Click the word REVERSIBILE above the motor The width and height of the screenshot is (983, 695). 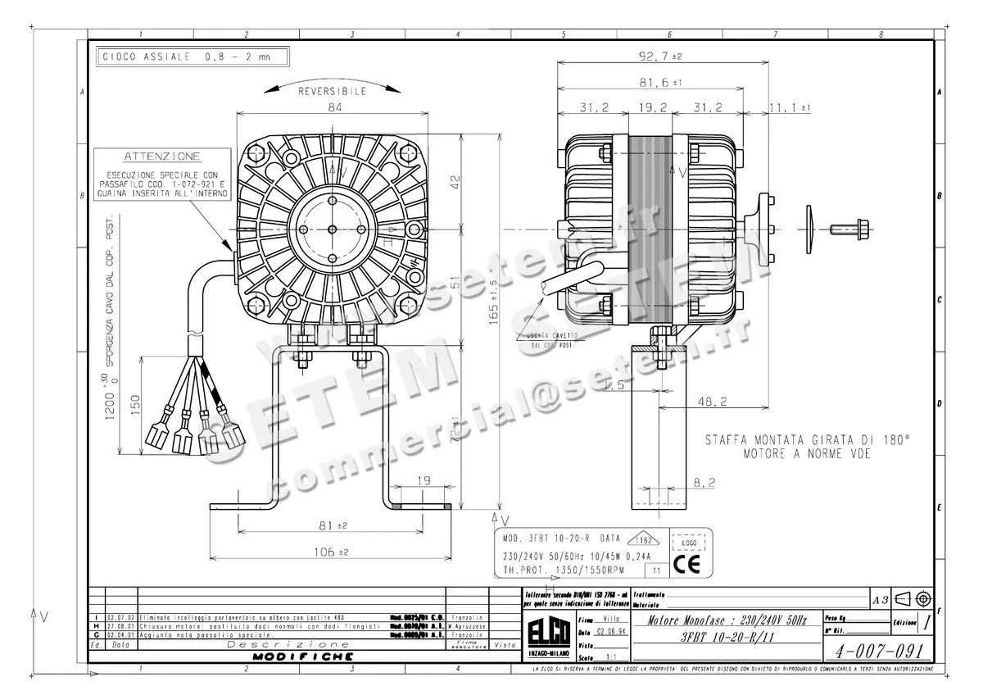click(332, 92)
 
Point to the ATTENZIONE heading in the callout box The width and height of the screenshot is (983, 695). click(161, 156)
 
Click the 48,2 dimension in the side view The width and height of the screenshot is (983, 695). click(710, 402)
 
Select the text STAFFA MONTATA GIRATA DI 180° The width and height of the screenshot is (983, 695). click(807, 440)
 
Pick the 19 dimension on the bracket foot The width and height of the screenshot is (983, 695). click(424, 482)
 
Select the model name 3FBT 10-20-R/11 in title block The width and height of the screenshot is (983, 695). click(725, 636)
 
